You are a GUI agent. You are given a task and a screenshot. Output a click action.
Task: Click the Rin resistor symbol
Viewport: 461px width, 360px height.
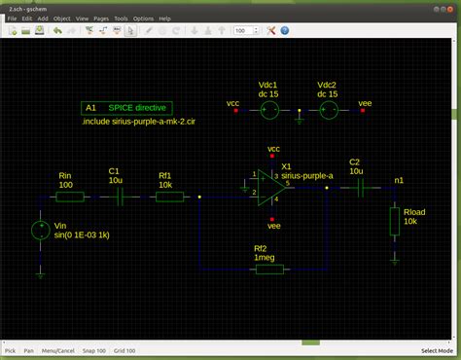click(x=70, y=197)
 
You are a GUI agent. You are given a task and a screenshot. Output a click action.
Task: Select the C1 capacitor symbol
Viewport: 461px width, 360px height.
click(x=120, y=197)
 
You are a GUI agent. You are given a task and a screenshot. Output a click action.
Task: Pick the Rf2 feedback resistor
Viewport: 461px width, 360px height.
click(x=268, y=268)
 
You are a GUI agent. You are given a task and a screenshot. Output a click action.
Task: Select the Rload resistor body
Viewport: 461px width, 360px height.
click(x=395, y=222)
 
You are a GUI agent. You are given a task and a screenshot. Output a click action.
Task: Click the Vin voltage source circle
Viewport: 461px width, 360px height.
click(x=40, y=231)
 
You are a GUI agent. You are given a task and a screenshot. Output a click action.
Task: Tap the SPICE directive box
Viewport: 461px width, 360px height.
click(x=126, y=107)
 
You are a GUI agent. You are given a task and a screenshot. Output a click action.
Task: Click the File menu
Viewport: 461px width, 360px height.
click(x=12, y=18)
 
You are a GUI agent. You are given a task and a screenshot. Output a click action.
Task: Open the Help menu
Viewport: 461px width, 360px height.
click(x=165, y=18)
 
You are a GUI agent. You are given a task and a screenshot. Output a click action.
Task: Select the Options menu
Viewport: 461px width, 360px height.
click(x=143, y=18)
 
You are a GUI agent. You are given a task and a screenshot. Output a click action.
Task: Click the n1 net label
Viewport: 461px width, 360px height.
click(x=399, y=181)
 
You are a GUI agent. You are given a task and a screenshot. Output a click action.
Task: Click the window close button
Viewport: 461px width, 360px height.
click(x=450, y=6)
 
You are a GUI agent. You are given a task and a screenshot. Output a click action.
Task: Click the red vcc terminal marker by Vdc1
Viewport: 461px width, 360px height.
click(x=236, y=111)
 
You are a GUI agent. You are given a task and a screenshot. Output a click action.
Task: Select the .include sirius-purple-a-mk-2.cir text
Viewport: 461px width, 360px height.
click(x=140, y=124)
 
